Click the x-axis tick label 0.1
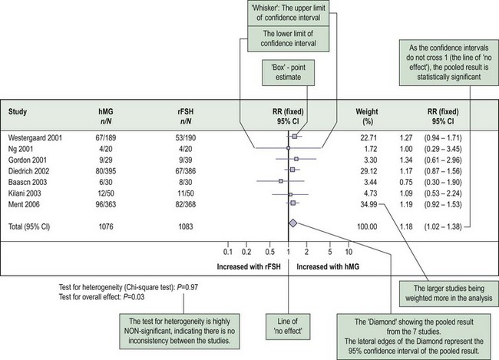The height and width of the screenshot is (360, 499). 228,251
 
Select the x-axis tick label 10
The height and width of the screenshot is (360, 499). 348,251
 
